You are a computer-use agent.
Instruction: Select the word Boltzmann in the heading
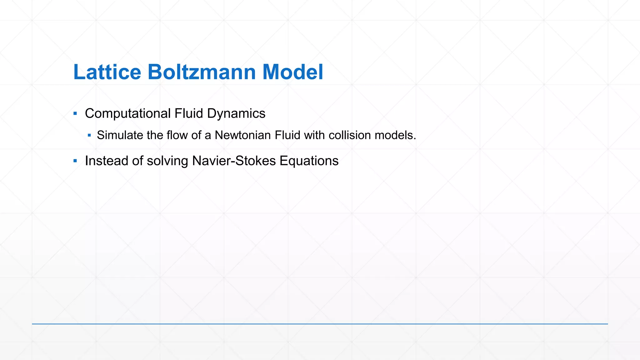202,72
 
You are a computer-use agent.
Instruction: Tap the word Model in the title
292,72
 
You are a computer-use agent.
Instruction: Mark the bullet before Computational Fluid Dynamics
75,113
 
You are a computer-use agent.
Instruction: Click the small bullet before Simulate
89,135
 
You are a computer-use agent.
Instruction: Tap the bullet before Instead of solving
75,161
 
